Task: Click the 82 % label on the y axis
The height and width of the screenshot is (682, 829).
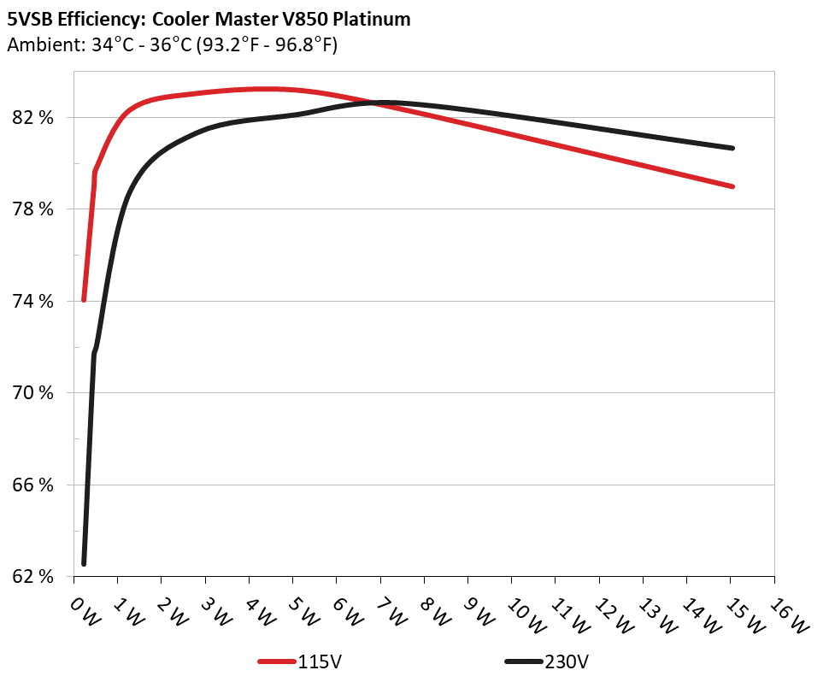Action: [33, 118]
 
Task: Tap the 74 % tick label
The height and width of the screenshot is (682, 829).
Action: [33, 302]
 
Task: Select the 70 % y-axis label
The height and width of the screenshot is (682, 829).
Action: [33, 394]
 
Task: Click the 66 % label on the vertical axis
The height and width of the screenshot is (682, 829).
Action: [33, 485]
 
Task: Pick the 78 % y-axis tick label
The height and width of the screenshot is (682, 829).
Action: [33, 210]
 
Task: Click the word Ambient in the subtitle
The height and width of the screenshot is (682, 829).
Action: [39, 45]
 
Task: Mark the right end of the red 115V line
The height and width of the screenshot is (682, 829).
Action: [733, 186]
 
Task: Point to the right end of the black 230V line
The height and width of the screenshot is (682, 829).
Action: [733, 148]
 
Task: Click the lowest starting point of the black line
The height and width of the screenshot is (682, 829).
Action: [84, 563]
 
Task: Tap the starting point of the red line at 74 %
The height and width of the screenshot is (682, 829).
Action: [84, 300]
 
